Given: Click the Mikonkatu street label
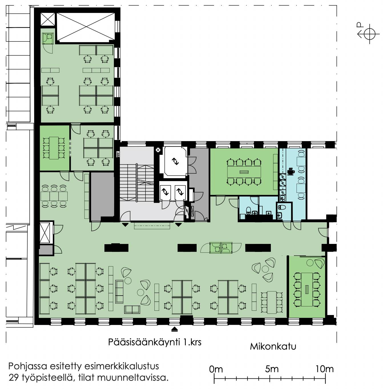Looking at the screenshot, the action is click(273, 346).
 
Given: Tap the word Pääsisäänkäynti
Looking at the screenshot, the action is click(144, 342).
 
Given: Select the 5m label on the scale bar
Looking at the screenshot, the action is click(272, 369).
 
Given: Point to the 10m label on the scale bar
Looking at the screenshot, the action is click(324, 369).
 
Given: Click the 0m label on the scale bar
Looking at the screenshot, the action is click(216, 369).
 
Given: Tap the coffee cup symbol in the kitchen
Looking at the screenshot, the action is click(291, 171).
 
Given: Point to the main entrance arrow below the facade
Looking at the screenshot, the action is click(175, 329).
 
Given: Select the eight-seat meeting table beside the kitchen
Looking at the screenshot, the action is click(244, 172).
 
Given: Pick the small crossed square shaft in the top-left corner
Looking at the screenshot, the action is click(48, 19).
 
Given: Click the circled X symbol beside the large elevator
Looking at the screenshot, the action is click(158, 150).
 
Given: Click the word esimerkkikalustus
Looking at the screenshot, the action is click(122, 366).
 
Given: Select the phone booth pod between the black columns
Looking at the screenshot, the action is click(221, 248).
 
